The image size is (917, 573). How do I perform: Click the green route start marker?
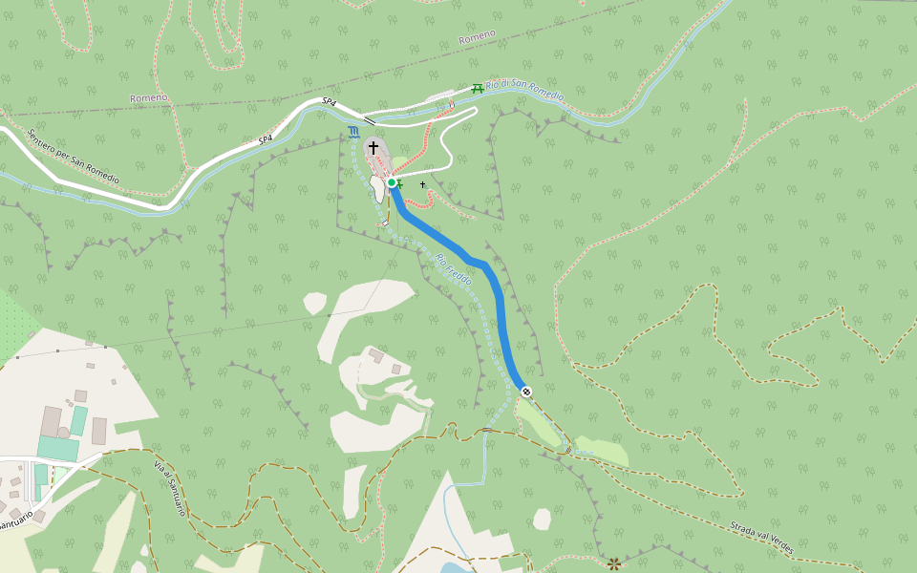coord(392,182)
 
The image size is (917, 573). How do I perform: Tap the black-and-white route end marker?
coord(526,391)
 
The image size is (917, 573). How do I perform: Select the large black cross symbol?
coord(373,147)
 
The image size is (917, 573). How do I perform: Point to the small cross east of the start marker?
coord(422,184)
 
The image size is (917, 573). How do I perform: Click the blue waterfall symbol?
coord(354,132)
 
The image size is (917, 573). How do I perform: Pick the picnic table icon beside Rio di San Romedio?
coord(477,89)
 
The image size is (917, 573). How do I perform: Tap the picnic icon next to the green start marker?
coord(401,184)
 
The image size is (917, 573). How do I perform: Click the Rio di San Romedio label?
coord(524,91)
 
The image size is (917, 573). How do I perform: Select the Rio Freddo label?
coord(454,269)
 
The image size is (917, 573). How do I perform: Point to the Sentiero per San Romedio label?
coord(73,157)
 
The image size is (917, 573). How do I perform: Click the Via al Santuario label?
coord(170,488)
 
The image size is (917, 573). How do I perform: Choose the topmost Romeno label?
coord(477,36)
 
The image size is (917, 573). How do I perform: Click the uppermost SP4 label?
coord(329,101)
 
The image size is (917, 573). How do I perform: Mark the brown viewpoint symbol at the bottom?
coord(613,563)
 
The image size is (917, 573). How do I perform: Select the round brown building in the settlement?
coord(63,433)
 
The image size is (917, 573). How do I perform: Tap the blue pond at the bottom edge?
coord(458,567)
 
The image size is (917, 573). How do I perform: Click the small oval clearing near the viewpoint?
coord(542,519)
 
